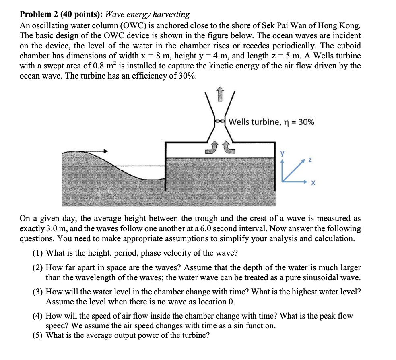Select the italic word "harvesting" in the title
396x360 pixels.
[x=171, y=14]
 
